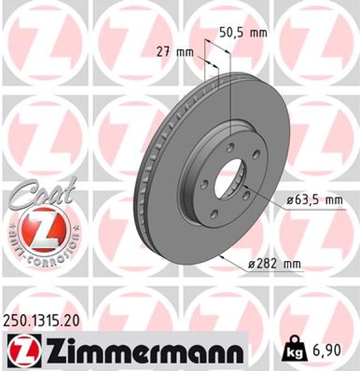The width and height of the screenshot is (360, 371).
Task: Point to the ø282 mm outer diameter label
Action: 274,265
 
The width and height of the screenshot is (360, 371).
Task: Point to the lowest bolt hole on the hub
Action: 215,214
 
